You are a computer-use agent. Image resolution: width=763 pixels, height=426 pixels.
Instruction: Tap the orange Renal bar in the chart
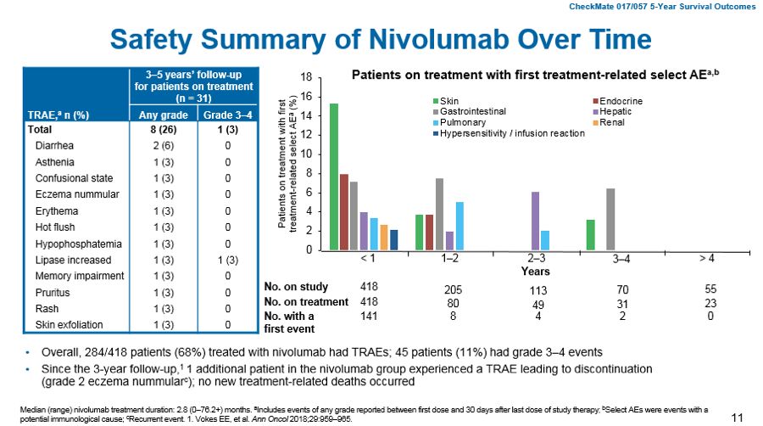click(x=383, y=238)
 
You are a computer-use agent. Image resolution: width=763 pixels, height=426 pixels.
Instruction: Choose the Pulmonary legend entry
click(x=463, y=122)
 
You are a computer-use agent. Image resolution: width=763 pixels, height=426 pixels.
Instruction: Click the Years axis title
click(x=536, y=272)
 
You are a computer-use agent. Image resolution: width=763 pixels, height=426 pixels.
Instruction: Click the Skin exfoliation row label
click(x=70, y=323)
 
